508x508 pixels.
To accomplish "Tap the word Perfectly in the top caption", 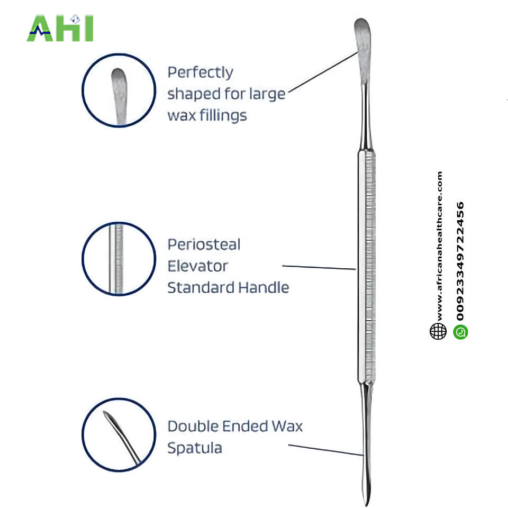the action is [x=200, y=72].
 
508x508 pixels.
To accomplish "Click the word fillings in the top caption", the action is [x=221, y=115].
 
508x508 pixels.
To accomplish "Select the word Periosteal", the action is [x=204, y=244].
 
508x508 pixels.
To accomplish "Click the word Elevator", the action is [x=197, y=266].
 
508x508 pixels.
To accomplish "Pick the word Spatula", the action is [x=194, y=448].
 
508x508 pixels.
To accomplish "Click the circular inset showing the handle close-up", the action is [x=119, y=258].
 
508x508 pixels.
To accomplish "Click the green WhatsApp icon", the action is [x=460, y=332].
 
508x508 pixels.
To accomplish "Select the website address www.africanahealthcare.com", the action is [x=439, y=246].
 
